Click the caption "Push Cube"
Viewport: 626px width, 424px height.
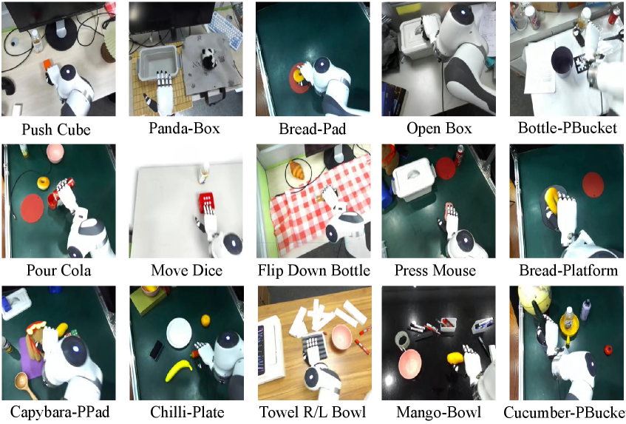tap(56, 129)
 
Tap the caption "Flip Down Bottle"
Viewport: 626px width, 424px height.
tap(314, 270)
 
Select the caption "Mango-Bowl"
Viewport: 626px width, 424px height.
tap(438, 412)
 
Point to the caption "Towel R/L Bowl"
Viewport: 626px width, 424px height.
tap(313, 412)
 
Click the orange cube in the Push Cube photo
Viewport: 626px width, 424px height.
tap(47, 64)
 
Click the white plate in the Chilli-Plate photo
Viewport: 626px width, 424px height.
tap(180, 332)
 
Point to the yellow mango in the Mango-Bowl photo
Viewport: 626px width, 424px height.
tap(455, 358)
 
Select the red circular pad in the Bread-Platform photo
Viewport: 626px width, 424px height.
tap(593, 184)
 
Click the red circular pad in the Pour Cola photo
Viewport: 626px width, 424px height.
tap(32, 208)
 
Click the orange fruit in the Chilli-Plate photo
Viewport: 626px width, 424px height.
tap(205, 320)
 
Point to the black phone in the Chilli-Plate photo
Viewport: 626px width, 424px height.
tap(156, 350)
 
